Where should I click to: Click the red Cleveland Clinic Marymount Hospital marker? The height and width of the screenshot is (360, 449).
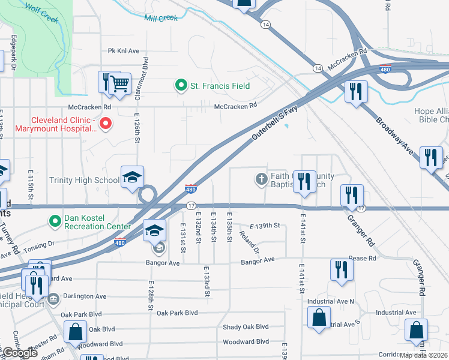pos(105,124)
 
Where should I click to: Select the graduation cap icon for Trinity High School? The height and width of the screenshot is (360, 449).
pos(133,177)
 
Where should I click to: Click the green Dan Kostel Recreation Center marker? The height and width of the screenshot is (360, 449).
pos(55,222)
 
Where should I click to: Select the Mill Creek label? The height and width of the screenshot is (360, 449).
pos(161,18)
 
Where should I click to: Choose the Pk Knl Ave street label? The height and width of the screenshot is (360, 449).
pos(124,51)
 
